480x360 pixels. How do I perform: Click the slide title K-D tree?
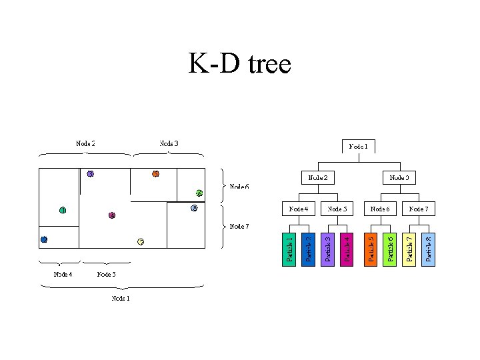[x=240, y=65]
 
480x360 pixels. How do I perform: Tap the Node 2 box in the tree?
[x=317, y=177]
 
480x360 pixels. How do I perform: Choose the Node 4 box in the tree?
[x=298, y=209]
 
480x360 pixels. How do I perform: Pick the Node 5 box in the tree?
[x=337, y=209]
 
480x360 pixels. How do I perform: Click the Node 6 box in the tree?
[x=379, y=209]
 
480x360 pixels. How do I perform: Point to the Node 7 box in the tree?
[x=419, y=209]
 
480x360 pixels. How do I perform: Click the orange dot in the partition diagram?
[x=155, y=174]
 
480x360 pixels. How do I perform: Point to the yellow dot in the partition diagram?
[x=141, y=241]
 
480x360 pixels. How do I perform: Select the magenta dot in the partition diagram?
[x=112, y=215]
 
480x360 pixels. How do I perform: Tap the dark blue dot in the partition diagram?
[x=44, y=239]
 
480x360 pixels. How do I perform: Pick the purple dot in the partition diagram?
[x=91, y=174]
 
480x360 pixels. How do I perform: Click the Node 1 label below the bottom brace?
[x=120, y=298]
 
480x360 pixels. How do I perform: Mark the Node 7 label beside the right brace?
[x=240, y=226]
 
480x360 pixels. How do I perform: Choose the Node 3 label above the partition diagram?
[x=169, y=143]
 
